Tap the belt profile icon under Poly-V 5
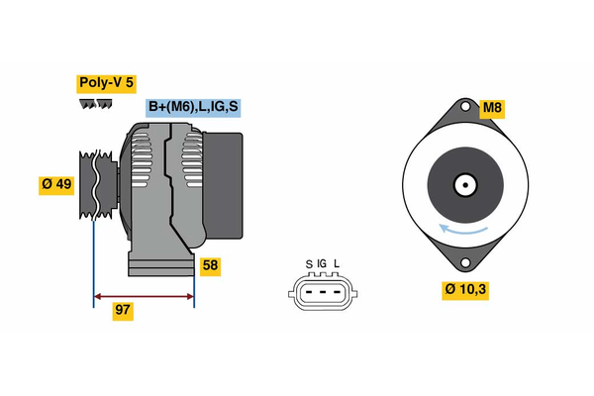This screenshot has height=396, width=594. point(95,105)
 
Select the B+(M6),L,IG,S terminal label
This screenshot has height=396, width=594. point(194,108)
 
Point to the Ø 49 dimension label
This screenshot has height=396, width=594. point(57,183)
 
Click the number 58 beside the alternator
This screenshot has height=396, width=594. point(210,265)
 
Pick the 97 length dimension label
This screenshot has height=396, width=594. point(123,310)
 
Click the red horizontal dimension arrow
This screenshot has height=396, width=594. point(143,295)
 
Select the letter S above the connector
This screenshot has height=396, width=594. point(309,264)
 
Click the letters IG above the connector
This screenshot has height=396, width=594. point(322,264)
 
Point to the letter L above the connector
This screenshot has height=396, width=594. point(337,264)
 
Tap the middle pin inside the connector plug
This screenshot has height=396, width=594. point(323,292)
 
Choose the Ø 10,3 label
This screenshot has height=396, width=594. point(466,290)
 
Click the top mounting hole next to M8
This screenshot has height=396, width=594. point(463,106)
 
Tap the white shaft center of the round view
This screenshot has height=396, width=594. point(463,184)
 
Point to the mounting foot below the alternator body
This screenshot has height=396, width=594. point(160,263)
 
